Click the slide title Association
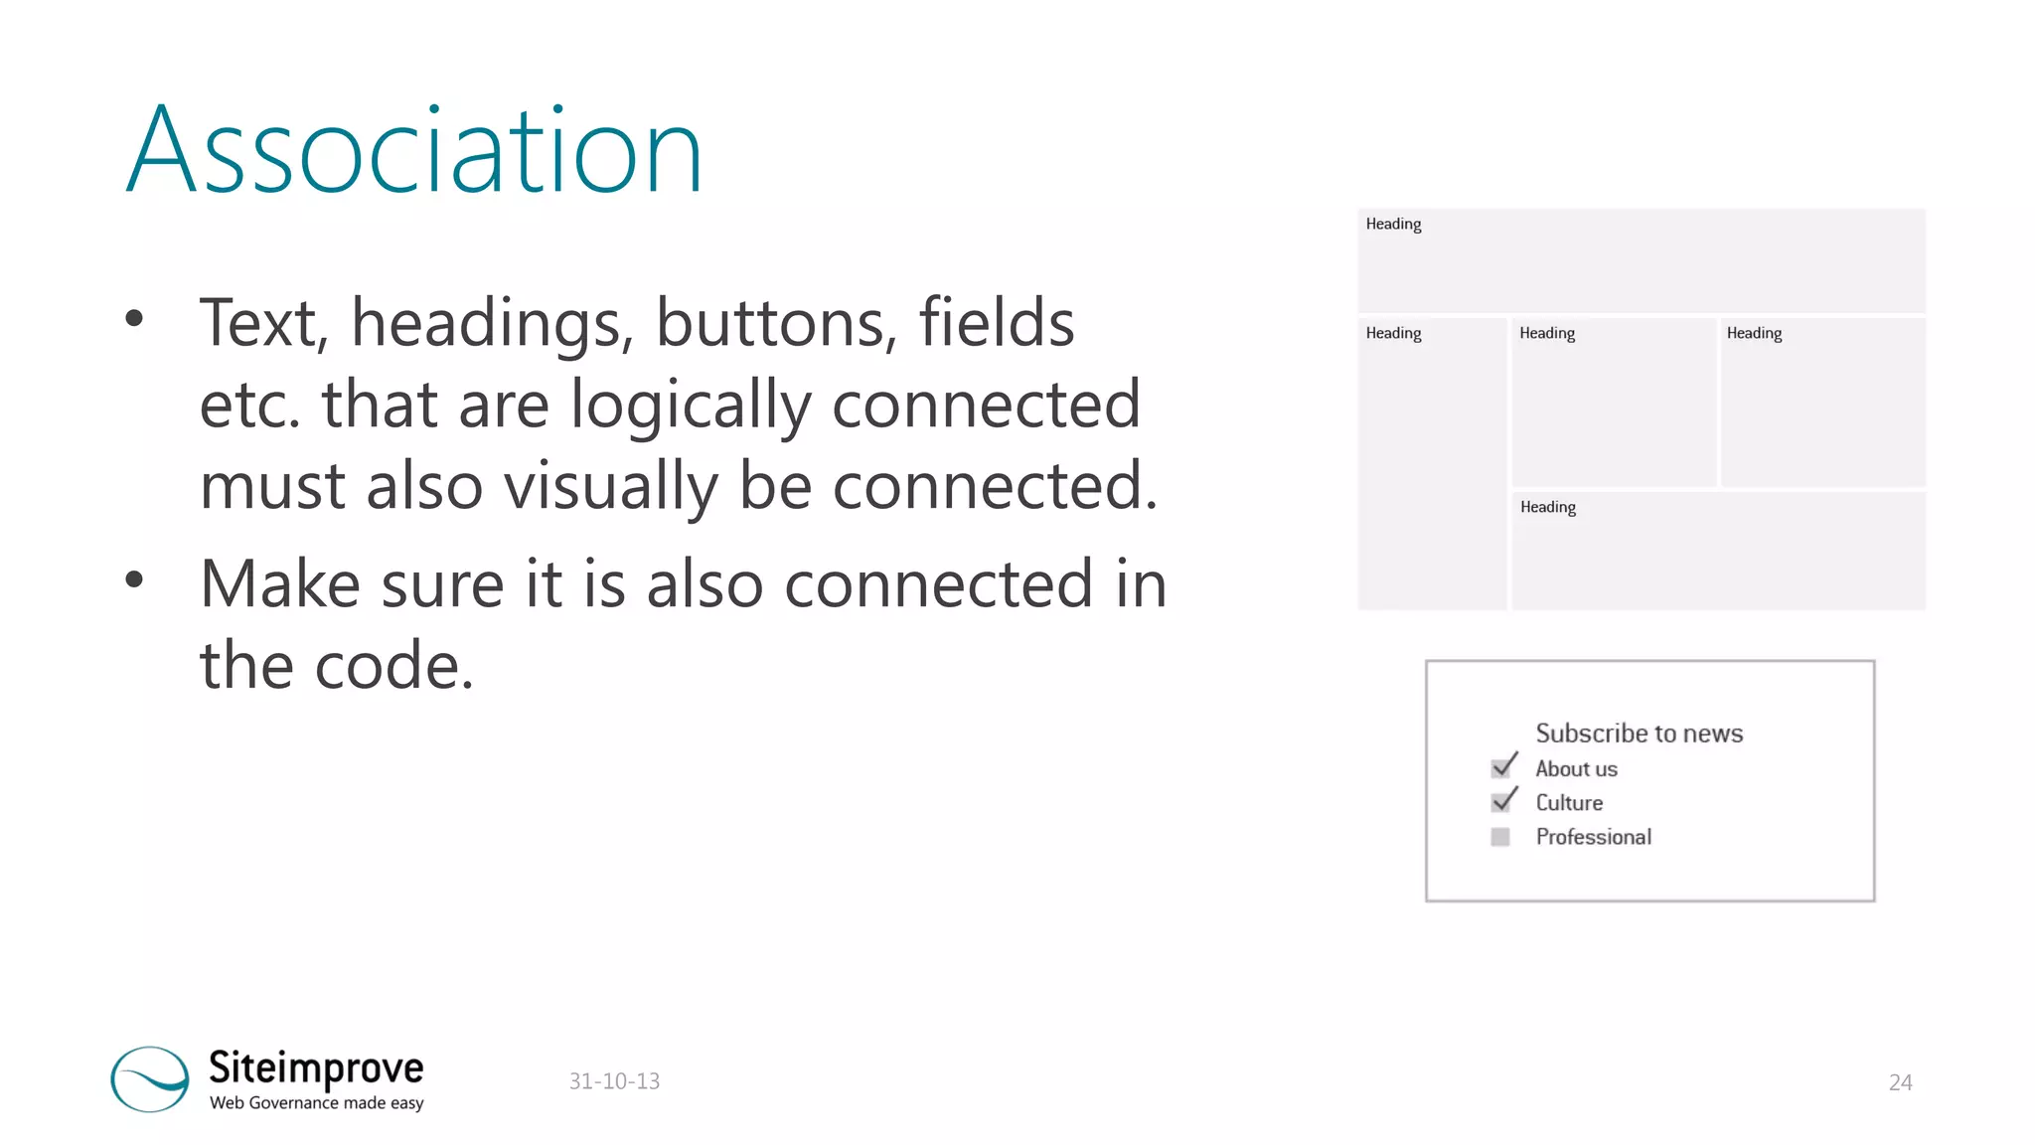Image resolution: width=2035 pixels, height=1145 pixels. click(414, 151)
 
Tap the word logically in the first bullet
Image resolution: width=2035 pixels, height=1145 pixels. click(691, 406)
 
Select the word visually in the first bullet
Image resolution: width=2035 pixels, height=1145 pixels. click(610, 486)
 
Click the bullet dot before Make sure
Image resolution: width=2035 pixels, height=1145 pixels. click(134, 579)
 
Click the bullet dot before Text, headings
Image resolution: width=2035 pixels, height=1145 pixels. click(134, 318)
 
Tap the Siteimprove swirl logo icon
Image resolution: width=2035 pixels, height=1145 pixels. click(150, 1078)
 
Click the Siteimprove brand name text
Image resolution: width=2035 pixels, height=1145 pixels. click(316, 1067)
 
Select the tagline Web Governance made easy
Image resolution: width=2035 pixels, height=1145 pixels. click(316, 1102)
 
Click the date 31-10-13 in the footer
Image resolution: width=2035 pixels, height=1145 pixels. click(614, 1081)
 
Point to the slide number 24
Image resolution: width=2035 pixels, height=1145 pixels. click(1900, 1082)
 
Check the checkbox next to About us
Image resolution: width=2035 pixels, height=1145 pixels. click(1501, 767)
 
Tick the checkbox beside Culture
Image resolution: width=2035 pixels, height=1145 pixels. click(1501, 802)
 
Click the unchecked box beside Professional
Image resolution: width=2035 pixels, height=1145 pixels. click(1500, 837)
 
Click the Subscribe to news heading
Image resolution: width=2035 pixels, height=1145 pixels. click(1639, 734)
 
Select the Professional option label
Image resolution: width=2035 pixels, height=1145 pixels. click(1593, 837)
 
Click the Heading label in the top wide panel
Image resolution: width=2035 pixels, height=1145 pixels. click(1393, 224)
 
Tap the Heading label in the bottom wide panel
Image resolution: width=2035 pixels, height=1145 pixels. click(1547, 507)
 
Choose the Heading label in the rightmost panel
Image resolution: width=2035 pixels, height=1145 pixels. click(1754, 333)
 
